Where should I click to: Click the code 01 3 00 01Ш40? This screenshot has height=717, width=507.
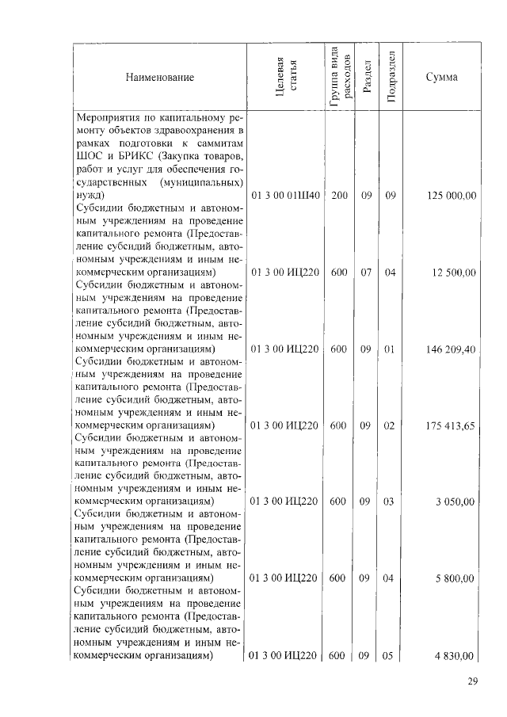tap(285, 195)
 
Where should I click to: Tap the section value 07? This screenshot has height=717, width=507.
tap(365, 272)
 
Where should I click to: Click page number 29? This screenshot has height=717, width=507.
tap(474, 682)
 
